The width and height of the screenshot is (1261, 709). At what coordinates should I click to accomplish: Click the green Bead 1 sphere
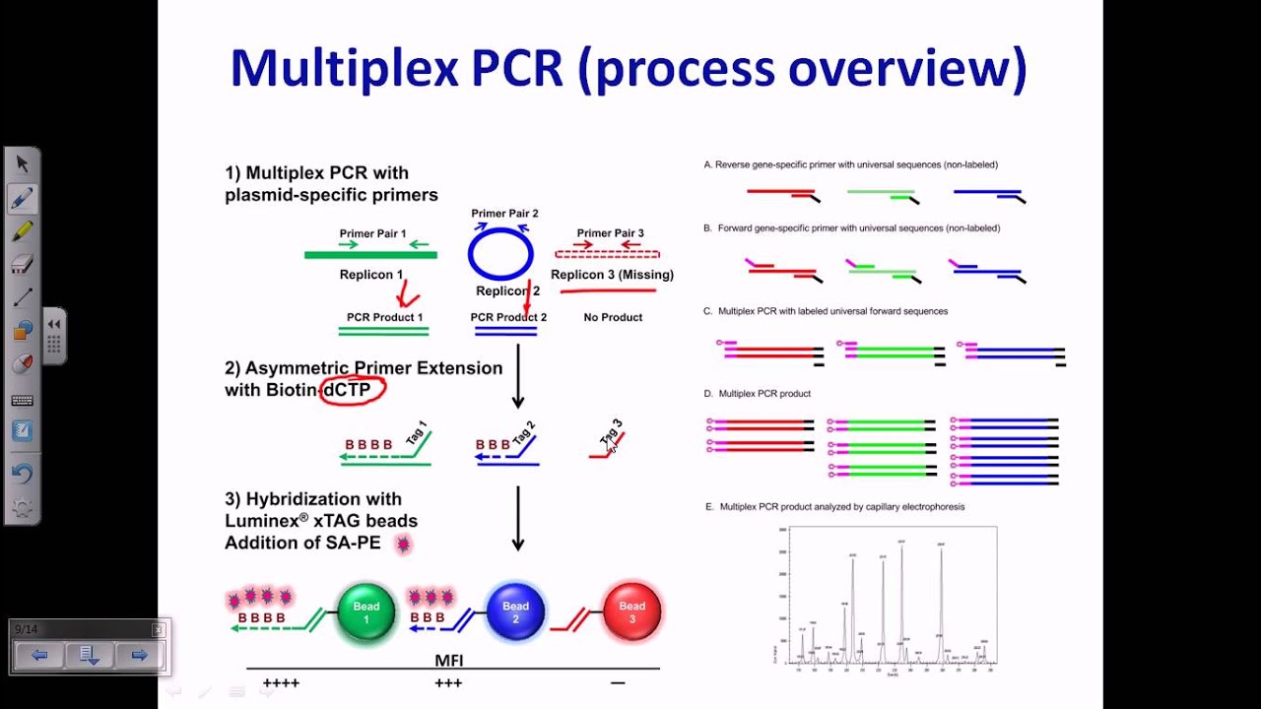[x=365, y=612]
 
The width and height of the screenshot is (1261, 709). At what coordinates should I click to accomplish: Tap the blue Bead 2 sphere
[x=515, y=612]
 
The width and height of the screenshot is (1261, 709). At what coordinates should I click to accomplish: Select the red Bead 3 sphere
[x=631, y=612]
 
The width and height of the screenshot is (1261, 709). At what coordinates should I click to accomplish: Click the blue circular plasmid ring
[x=500, y=254]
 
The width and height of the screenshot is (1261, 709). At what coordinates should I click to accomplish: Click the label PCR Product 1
[x=384, y=317]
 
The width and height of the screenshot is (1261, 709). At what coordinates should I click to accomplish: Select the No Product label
[x=613, y=317]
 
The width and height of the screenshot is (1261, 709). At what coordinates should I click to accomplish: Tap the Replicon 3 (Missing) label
[x=612, y=275]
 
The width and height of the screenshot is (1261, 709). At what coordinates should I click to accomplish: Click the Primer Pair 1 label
[x=372, y=233]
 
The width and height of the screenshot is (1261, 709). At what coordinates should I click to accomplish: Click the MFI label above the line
[x=449, y=660]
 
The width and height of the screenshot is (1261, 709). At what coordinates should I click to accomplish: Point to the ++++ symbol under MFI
[x=281, y=682]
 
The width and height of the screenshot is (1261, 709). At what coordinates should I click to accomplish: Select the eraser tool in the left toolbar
[x=22, y=263]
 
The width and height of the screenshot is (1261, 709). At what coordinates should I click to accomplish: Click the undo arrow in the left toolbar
[x=22, y=474]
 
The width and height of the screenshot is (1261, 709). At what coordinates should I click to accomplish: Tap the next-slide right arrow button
[x=139, y=655]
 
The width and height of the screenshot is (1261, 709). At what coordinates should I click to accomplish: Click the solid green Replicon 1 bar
[x=370, y=255]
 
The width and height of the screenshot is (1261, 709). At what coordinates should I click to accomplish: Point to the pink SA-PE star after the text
[x=402, y=544]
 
